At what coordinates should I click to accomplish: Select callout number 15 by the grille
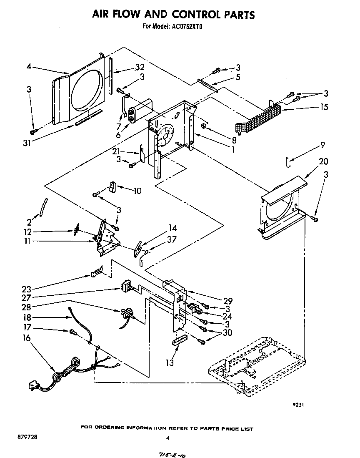(324, 107)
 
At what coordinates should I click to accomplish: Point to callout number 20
(323, 161)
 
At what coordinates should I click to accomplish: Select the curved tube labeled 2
(43, 207)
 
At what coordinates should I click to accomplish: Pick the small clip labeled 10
(112, 187)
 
